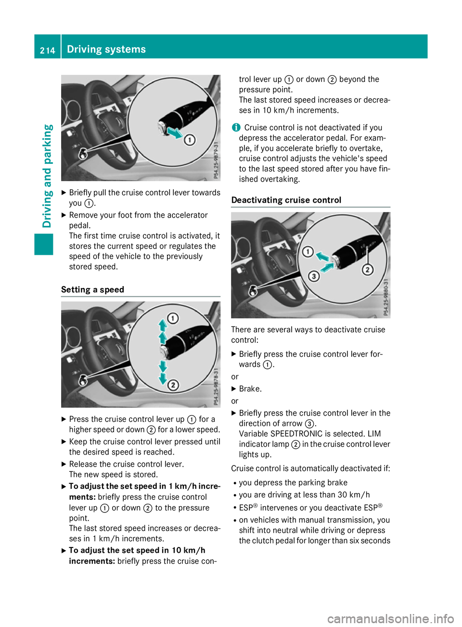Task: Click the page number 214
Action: [x=47, y=50]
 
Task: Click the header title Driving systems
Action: [x=106, y=49]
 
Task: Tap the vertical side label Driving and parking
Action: [x=47, y=176]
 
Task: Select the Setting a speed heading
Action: [x=92, y=289]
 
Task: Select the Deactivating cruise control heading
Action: [x=286, y=200]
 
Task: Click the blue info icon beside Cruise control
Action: [x=235, y=127]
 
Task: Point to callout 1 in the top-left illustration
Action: [x=190, y=140]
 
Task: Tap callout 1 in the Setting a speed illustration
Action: [x=173, y=318]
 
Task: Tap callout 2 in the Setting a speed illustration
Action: [x=173, y=385]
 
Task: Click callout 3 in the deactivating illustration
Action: [x=314, y=276]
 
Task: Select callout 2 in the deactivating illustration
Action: [x=368, y=269]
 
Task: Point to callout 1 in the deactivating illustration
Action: [x=308, y=251]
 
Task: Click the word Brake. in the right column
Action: [x=250, y=389]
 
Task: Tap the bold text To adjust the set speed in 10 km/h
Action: [x=137, y=550]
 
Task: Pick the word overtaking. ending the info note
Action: [x=279, y=179]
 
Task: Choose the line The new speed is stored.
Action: [x=113, y=474]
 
